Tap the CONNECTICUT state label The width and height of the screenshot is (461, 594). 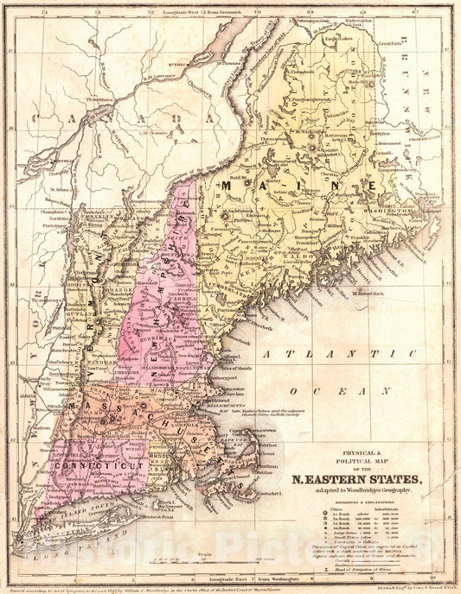pyautogui.click(x=86, y=464)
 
